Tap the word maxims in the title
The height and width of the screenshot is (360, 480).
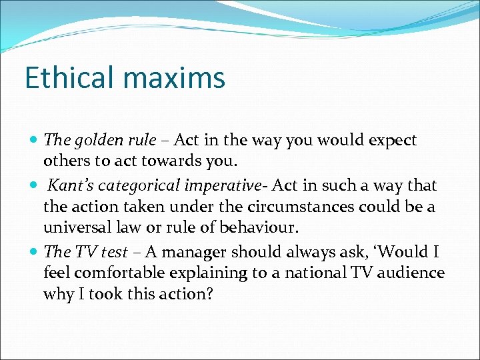[176, 78]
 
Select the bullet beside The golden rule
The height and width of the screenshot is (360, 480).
[35, 141]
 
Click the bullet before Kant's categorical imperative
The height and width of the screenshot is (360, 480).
[35, 185]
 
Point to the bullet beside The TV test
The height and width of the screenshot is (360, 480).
[35, 251]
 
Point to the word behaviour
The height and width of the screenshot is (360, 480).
[257, 228]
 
